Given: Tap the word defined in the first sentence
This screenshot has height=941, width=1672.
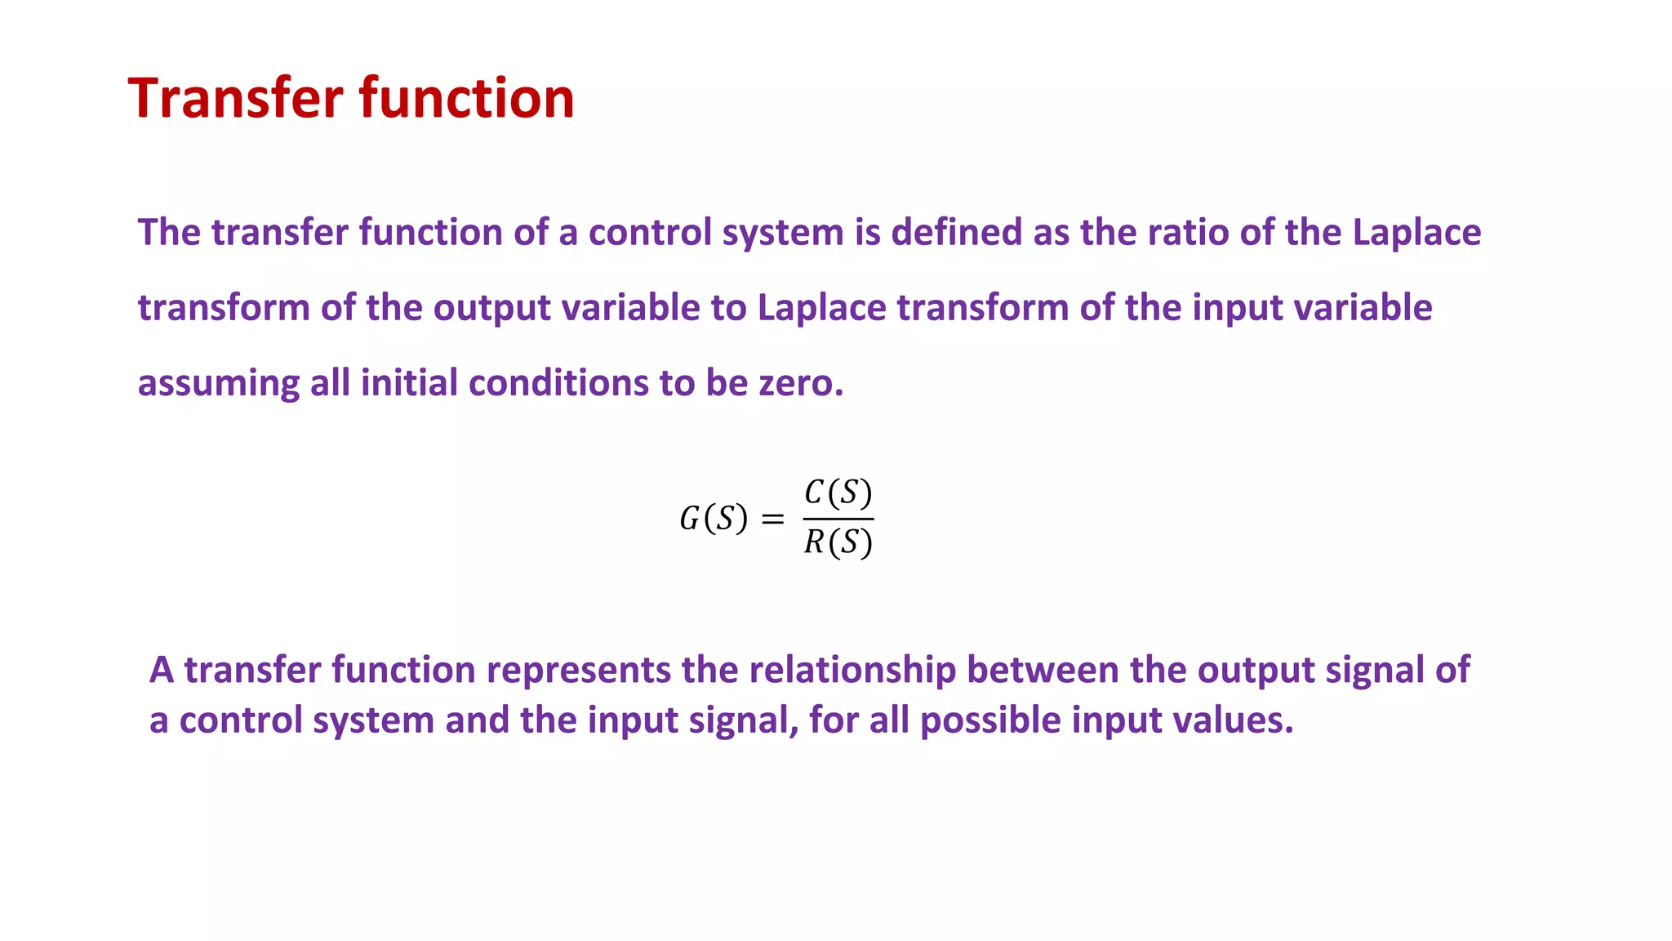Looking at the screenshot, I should click(956, 233).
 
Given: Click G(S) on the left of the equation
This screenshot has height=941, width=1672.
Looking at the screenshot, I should click(713, 519).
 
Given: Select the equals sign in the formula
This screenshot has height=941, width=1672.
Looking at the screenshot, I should click(772, 520).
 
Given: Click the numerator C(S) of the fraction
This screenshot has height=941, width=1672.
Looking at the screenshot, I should click(838, 493).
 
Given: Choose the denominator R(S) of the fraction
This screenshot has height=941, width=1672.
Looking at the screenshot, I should click(838, 542).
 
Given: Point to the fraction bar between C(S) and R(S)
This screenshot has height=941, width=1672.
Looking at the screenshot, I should click(838, 519).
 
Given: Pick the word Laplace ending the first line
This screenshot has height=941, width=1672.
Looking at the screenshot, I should click(1416, 233).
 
